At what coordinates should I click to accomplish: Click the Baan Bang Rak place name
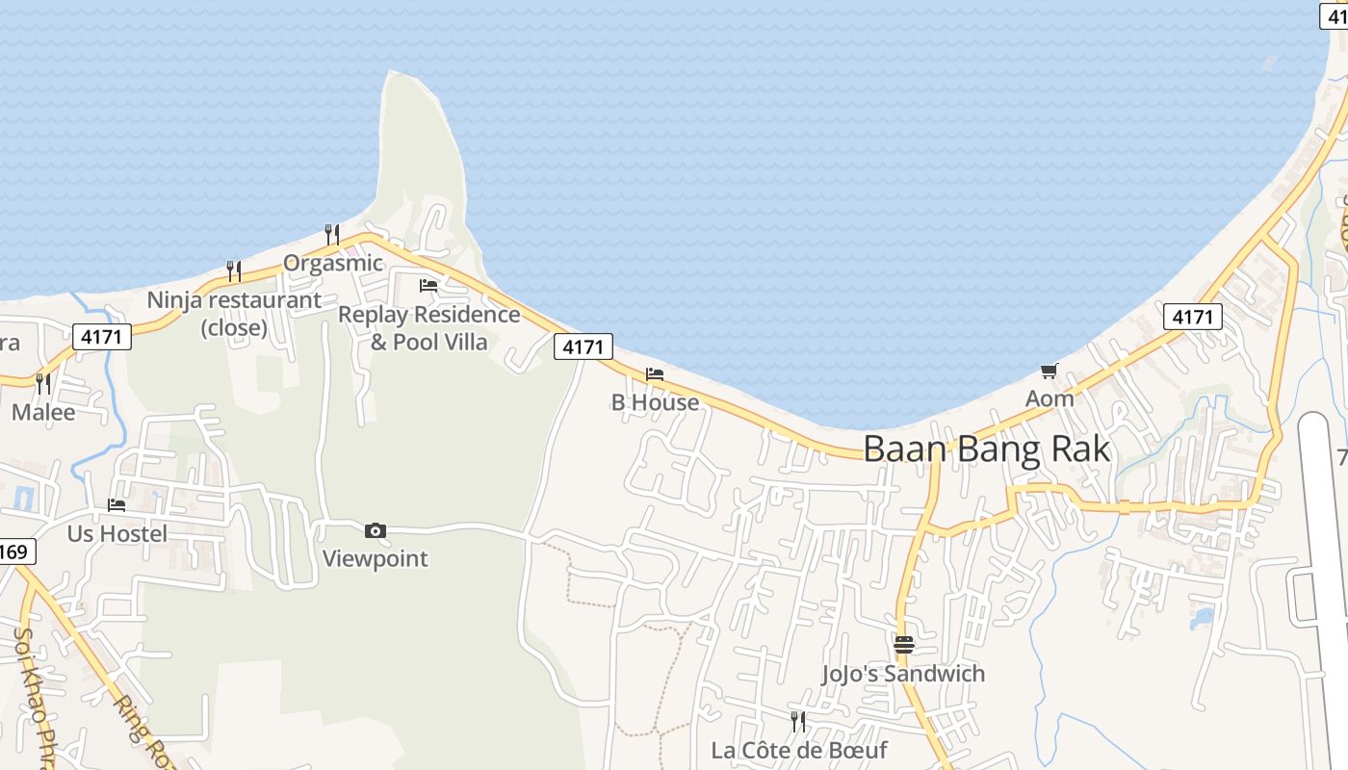tap(986, 449)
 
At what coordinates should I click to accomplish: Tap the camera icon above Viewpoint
tap(376, 530)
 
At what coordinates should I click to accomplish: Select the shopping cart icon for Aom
tap(1049, 372)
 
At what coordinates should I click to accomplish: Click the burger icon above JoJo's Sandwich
tap(903, 645)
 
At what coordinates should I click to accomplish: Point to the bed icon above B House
tap(655, 374)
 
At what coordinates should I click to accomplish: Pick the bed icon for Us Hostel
tap(117, 504)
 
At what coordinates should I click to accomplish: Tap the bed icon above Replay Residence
tap(428, 286)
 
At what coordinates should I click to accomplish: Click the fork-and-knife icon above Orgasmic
tap(332, 234)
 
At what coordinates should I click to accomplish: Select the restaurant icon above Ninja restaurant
tap(234, 270)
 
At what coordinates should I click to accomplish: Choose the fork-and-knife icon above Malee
tap(43, 384)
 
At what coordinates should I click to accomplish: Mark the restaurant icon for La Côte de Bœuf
tap(797, 722)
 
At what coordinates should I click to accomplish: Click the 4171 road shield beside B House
tap(583, 346)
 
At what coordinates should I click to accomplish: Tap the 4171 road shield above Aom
tap(1192, 317)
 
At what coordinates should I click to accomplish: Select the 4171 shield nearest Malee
tap(101, 337)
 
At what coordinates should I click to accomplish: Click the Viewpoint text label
tap(375, 558)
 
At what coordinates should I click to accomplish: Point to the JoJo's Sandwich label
tap(903, 674)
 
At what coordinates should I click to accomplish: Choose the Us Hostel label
tap(117, 533)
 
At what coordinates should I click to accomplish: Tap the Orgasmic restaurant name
tap(332, 263)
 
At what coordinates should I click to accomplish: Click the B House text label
tap(655, 402)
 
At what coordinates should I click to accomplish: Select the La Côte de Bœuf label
tap(798, 750)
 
